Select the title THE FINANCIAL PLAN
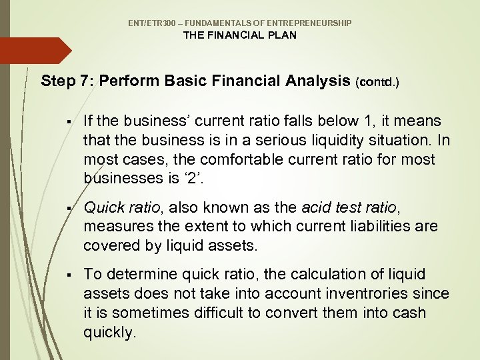(240, 35)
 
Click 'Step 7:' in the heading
(67, 81)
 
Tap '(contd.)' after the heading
(378, 83)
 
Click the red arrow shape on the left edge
(33, 51)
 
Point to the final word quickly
(109, 332)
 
